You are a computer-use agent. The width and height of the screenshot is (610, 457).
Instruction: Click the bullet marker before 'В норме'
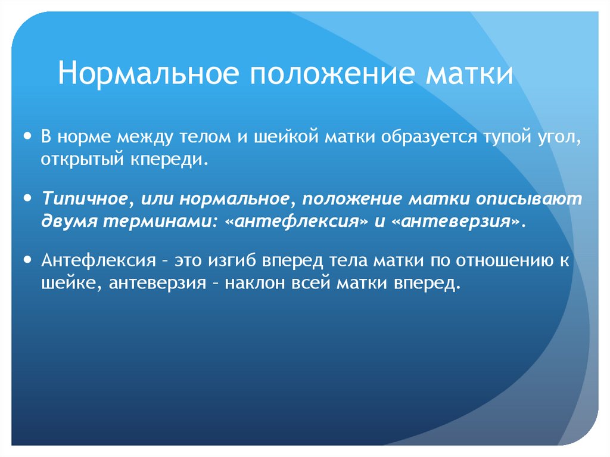pyautogui.click(x=27, y=137)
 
